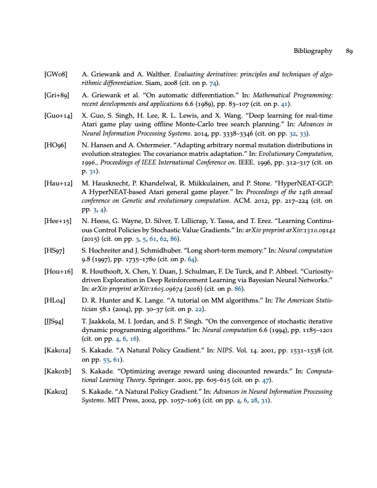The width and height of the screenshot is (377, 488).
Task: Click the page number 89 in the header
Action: point(349,51)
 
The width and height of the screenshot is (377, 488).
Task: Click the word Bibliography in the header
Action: point(314,51)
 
